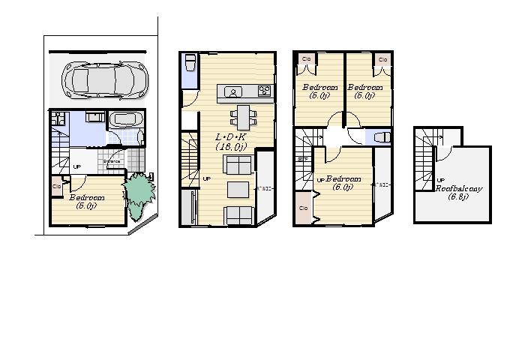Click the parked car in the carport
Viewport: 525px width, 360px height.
click(x=100, y=76)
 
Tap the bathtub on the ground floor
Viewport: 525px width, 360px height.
click(x=126, y=120)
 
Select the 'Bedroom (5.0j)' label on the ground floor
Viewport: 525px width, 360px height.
click(x=86, y=201)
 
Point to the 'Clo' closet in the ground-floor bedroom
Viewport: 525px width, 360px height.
click(x=57, y=186)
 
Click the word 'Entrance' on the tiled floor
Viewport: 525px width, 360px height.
click(x=112, y=161)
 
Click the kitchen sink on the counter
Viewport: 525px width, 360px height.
click(x=233, y=92)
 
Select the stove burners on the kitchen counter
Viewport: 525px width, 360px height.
click(x=264, y=91)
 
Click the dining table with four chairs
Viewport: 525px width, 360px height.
click(x=243, y=115)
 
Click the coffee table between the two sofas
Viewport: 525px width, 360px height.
click(x=238, y=187)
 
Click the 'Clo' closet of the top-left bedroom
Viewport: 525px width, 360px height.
click(x=306, y=58)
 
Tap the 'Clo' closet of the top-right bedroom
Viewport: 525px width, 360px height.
click(x=382, y=58)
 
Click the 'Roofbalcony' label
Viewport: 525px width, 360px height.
click(x=459, y=189)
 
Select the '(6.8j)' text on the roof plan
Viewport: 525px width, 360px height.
click(x=457, y=197)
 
